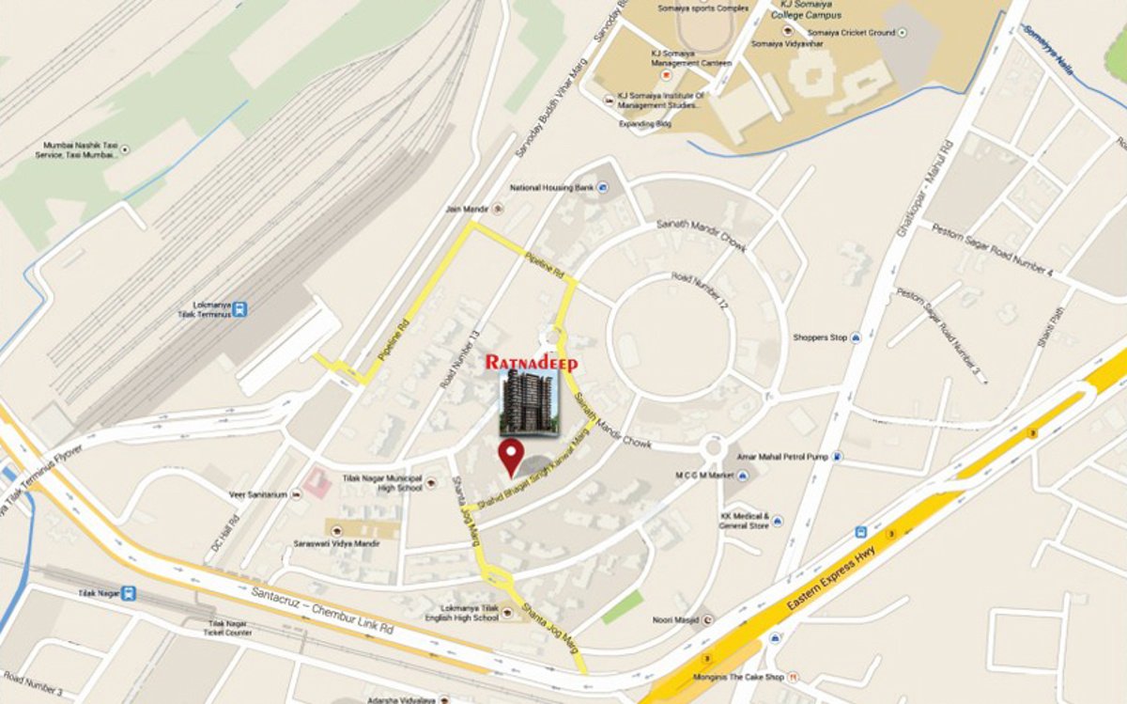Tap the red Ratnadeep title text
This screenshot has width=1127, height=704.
[532, 362]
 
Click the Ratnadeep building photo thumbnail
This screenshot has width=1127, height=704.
[529, 402]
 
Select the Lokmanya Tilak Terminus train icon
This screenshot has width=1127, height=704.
[241, 308]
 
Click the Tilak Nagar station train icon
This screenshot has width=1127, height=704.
[129, 593]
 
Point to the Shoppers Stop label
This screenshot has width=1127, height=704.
[820, 337]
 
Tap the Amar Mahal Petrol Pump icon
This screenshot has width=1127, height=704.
[837, 457]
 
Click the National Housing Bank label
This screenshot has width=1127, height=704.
[551, 187]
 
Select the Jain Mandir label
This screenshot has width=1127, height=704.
[465, 210]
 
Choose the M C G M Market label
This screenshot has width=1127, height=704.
[703, 476]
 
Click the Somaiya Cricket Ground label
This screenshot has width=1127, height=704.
[850, 33]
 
